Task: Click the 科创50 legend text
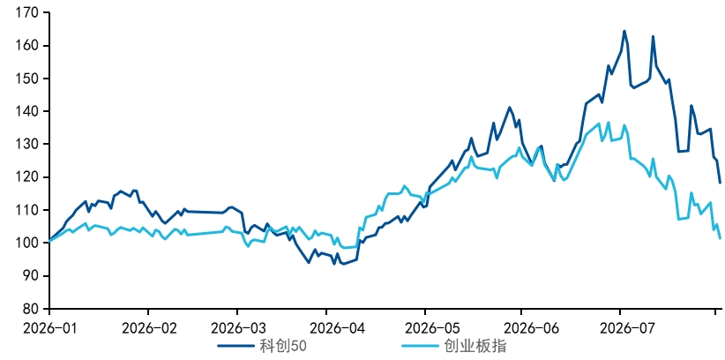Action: [x=283, y=346]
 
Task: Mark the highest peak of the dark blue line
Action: [x=624, y=31]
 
